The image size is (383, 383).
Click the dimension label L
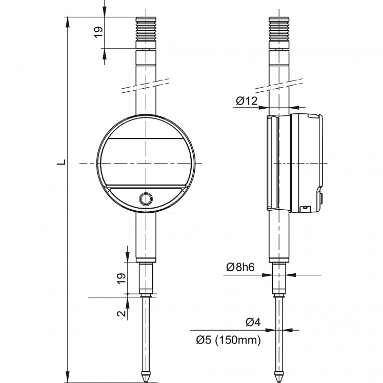pos(61,163)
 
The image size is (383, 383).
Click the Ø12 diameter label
pos(247,101)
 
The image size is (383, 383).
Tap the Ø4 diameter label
pos(253,322)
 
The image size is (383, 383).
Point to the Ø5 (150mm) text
pos(228,339)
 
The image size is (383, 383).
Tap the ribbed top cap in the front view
pos(147,32)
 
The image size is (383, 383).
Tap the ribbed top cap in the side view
pos(280,32)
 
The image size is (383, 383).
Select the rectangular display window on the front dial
pos(147,163)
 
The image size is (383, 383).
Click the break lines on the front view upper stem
pos(147,86)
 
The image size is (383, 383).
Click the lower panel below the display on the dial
pos(123,197)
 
